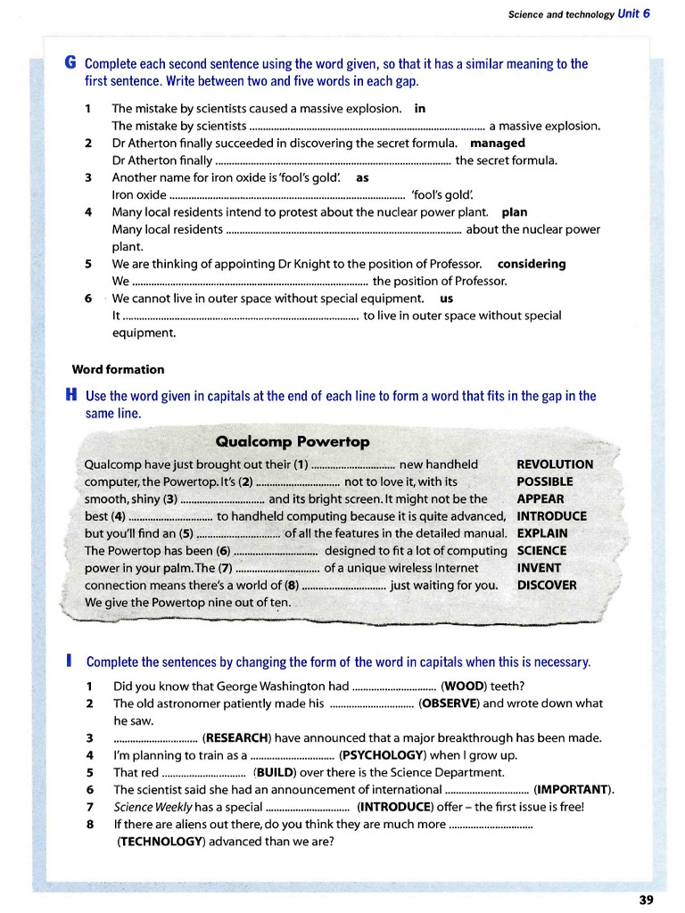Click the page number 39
pos(647,900)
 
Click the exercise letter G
pos(70,63)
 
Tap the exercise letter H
pos(70,395)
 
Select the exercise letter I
pos(70,662)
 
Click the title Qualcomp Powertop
pos(293,442)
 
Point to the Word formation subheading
pos(118,369)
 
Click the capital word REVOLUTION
pos(555,465)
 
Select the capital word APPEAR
pos(541,499)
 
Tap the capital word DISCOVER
pos(547,586)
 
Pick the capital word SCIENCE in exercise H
pos(541,551)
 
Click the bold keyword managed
pos(498,143)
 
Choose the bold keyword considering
pos(532,264)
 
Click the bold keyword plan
pos(515,212)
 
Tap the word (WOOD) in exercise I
pos(464,686)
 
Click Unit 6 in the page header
pos(633,13)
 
